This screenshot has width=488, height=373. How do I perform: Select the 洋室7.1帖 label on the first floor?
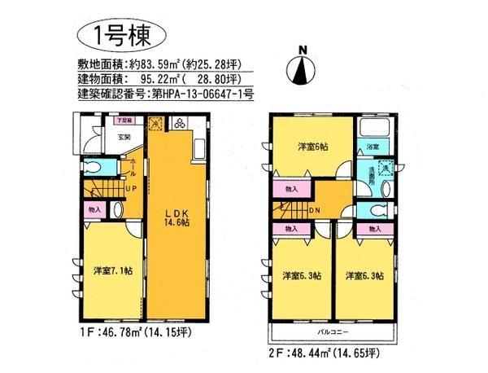pos(111,270)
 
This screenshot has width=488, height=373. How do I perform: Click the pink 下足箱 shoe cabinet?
pos(123,120)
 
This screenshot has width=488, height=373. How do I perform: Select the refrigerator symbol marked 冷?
pos(158,124)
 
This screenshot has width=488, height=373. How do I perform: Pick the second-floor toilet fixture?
pos(374,209)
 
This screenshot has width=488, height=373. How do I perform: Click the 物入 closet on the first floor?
pos(93,209)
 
